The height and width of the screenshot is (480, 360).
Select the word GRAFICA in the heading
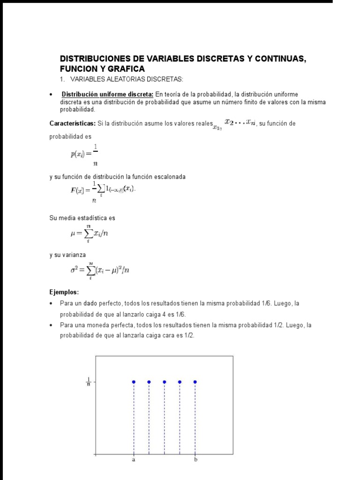(x=125, y=68)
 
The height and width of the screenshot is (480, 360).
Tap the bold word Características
(x=72, y=123)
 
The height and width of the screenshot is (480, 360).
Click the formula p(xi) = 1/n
(x=84, y=154)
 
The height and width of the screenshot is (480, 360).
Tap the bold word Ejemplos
(x=64, y=292)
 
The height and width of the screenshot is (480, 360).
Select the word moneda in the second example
(x=103, y=325)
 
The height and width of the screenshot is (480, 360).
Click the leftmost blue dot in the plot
(x=134, y=382)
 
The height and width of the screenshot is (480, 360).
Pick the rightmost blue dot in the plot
(x=195, y=382)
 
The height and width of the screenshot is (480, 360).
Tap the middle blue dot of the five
(x=165, y=382)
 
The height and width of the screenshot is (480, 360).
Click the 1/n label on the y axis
(x=88, y=382)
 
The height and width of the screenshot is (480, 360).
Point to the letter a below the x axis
(x=134, y=460)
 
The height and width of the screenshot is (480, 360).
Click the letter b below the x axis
(x=195, y=460)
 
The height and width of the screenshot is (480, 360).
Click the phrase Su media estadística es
(x=82, y=218)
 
